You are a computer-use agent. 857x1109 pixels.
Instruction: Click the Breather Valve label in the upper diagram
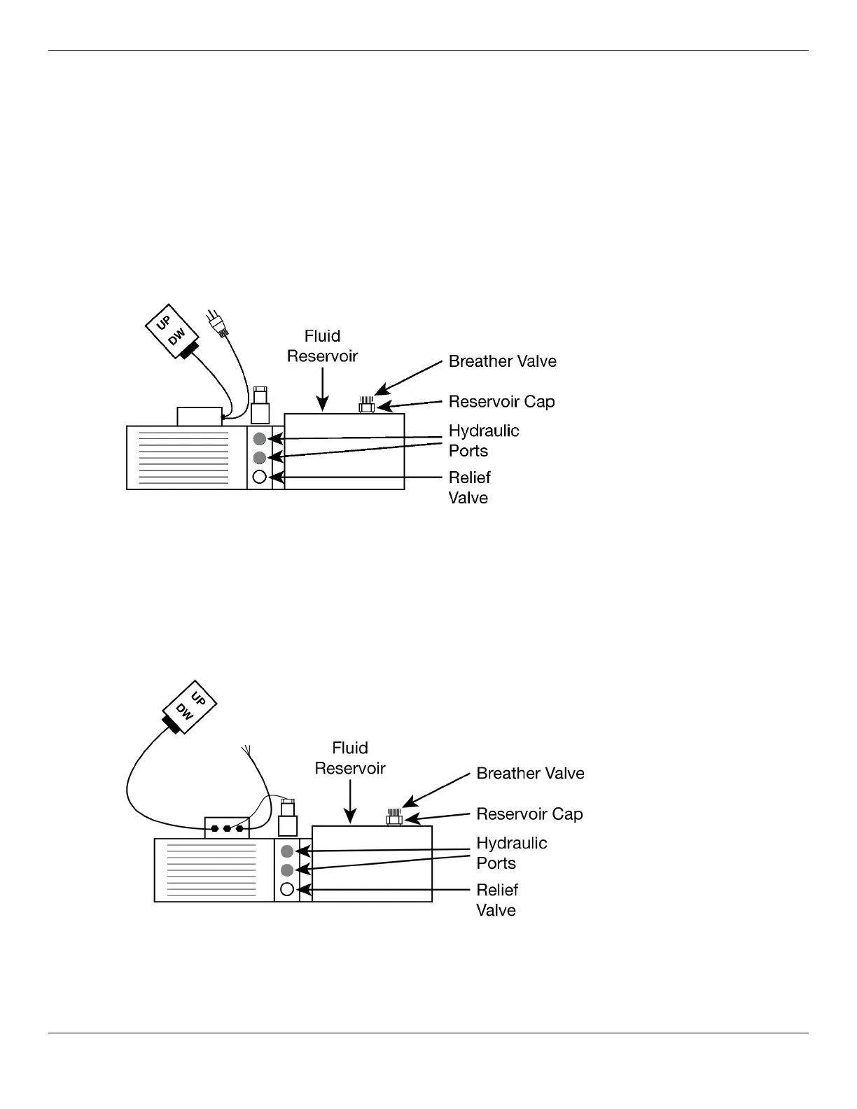click(x=502, y=361)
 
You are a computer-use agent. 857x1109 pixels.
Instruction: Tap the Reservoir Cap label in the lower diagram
click(x=529, y=814)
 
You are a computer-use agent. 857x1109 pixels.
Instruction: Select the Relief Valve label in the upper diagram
click(x=469, y=487)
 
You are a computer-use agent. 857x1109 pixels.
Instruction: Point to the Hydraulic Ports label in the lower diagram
click(x=511, y=853)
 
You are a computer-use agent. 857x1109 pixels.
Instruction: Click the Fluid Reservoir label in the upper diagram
click(x=322, y=346)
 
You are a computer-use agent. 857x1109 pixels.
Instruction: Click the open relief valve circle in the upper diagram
click(x=259, y=477)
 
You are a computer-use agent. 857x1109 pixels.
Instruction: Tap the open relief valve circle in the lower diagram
click(x=286, y=890)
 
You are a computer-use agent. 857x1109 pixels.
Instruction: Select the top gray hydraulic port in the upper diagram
click(x=259, y=439)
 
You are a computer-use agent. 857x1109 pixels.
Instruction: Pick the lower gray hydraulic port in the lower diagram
click(x=286, y=870)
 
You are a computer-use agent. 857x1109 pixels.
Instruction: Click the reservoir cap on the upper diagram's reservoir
click(x=366, y=406)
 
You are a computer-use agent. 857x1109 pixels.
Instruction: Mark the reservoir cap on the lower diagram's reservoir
click(x=394, y=818)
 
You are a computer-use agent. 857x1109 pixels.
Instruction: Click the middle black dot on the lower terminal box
click(x=227, y=829)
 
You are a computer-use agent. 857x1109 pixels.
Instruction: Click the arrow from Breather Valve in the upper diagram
click(x=410, y=378)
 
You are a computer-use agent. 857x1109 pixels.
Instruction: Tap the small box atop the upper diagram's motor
click(x=200, y=417)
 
